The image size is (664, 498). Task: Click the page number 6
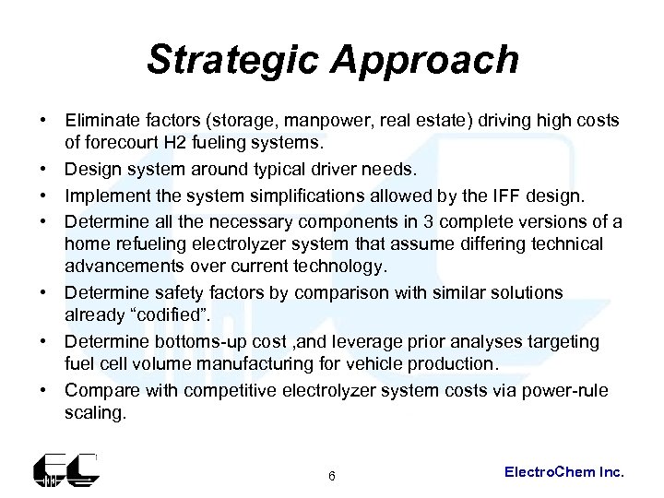pyautogui.click(x=332, y=476)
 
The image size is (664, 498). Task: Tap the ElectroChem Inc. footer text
pyautogui.click(x=564, y=472)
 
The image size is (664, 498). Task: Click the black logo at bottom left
pyautogui.click(x=65, y=470)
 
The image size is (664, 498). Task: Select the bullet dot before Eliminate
pyautogui.click(x=42, y=122)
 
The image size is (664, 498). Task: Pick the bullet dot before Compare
pyautogui.click(x=42, y=391)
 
